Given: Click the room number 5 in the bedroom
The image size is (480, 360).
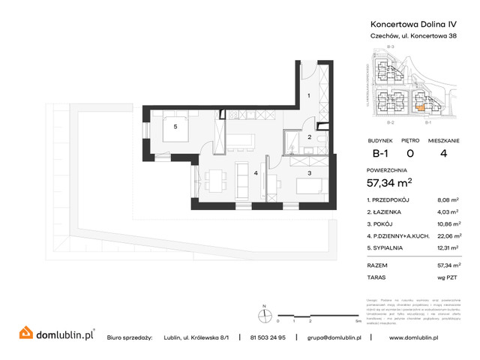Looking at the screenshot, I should point(175,126).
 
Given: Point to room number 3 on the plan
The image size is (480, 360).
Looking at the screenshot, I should point(309,173).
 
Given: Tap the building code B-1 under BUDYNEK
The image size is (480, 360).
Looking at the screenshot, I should point(381,154).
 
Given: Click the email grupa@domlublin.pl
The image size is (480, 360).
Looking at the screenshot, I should point(334,338).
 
